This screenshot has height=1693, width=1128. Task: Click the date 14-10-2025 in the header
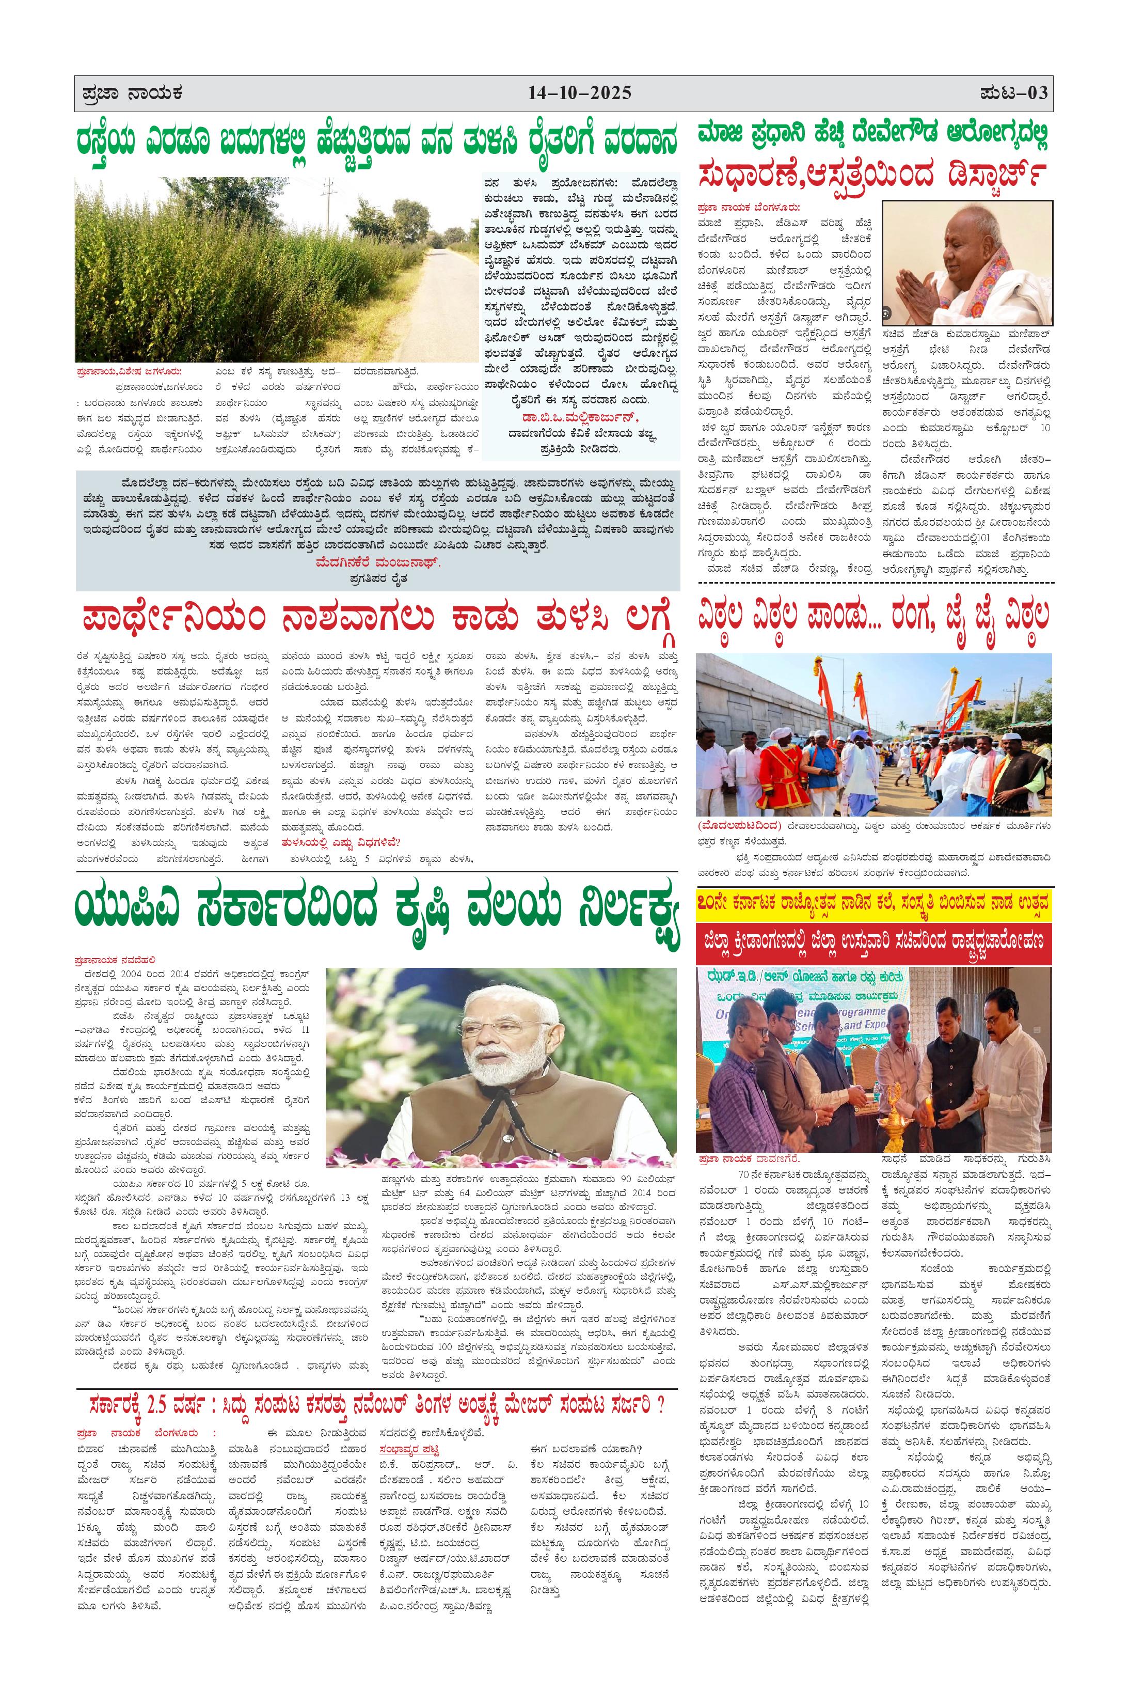579,93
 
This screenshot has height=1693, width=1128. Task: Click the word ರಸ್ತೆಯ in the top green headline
116,143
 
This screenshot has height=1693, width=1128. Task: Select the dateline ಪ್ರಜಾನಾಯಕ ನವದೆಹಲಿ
115,960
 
